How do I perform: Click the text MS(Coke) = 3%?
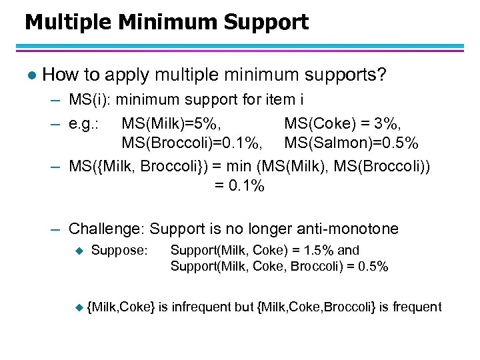342,125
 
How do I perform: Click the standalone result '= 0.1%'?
239,186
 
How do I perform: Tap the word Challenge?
107,229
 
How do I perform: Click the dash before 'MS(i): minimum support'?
57,101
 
